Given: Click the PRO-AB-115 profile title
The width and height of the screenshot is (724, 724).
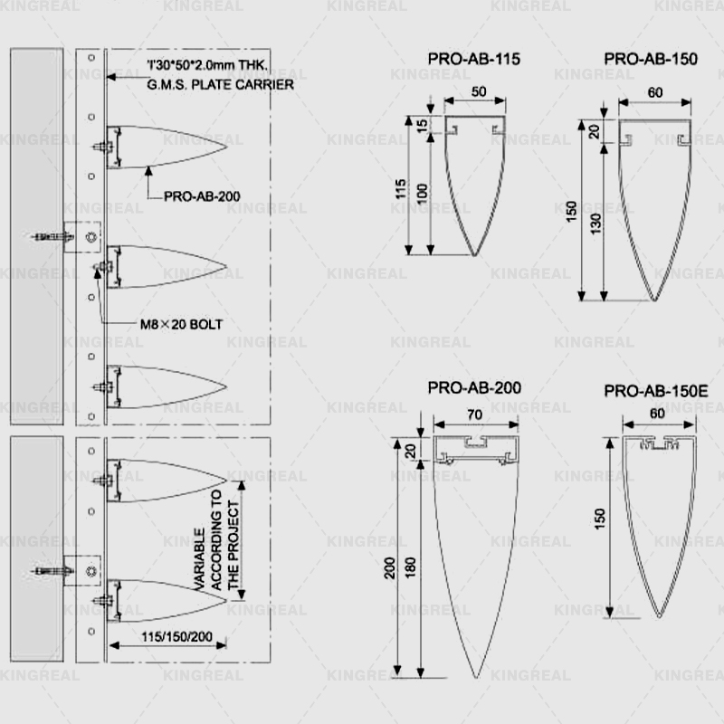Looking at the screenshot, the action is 474,59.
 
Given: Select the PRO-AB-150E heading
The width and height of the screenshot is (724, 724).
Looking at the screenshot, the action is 655,391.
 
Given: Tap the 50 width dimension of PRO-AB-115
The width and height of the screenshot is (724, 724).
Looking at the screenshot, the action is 479,91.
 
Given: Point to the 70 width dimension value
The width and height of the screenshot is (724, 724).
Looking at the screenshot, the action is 474,414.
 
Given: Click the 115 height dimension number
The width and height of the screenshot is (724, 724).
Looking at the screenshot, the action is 400,189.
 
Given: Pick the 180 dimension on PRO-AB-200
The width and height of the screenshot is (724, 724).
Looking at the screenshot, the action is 410,567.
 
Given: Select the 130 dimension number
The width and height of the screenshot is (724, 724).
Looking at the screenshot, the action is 595,223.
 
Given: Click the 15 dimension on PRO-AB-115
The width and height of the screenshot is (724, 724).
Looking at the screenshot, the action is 422,126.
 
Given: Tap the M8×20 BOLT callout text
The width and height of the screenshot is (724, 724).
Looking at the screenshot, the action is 182,325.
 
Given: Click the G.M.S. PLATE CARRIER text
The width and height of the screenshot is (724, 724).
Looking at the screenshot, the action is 220,85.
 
